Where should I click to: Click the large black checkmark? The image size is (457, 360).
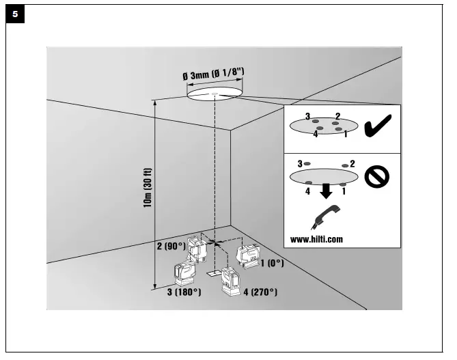(378, 127)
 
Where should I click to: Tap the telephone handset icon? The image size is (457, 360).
(324, 218)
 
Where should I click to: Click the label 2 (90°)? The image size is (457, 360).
(171, 245)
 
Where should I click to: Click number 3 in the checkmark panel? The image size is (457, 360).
(308, 116)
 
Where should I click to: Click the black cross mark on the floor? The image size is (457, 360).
(216, 242)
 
